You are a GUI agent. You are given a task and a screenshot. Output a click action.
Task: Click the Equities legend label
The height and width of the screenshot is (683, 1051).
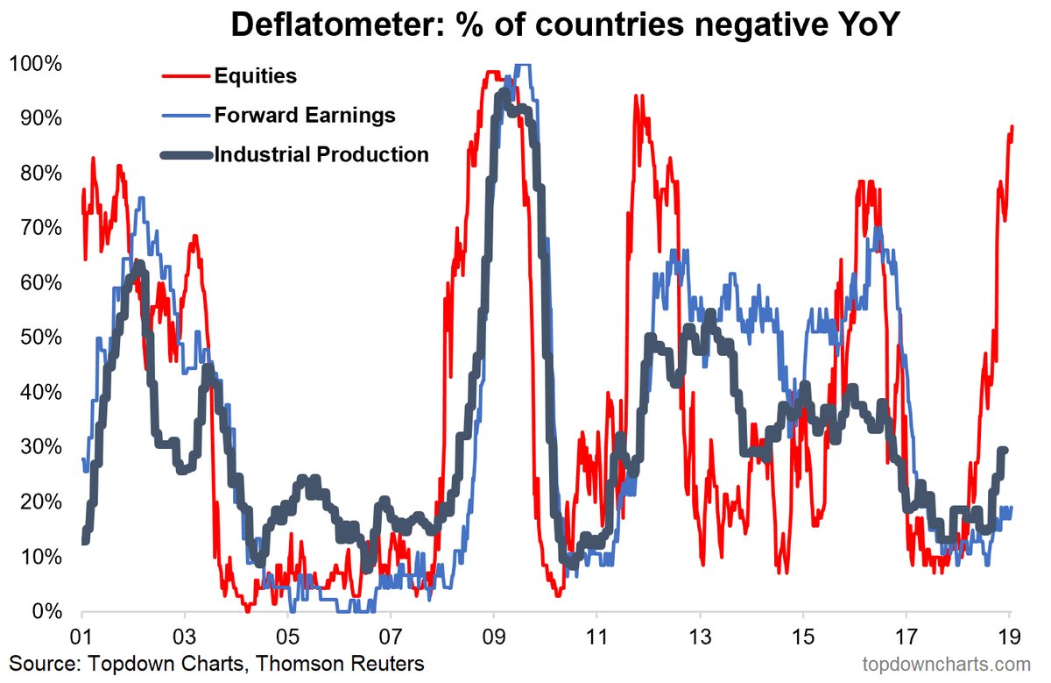pyautogui.click(x=255, y=75)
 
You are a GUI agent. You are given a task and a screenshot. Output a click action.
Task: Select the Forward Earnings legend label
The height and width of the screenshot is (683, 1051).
pyautogui.click(x=305, y=115)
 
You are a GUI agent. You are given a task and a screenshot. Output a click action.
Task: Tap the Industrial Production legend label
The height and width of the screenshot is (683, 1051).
pyautogui.click(x=321, y=154)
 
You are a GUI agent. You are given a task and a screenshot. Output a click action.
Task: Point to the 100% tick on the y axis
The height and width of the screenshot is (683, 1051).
pyautogui.click(x=35, y=64)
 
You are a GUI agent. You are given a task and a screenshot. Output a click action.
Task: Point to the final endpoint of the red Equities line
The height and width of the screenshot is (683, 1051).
pyautogui.click(x=1012, y=126)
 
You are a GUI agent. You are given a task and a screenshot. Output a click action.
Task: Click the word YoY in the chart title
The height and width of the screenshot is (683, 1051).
pyautogui.click(x=857, y=26)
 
